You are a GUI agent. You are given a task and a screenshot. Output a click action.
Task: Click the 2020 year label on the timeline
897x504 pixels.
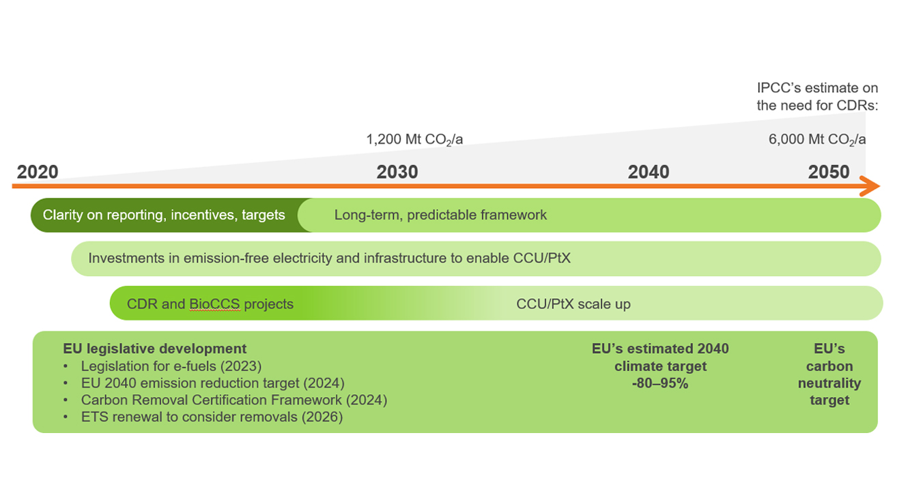[38, 172]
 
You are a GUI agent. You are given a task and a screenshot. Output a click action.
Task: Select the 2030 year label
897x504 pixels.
[397, 172]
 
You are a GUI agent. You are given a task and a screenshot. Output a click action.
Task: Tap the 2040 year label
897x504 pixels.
[649, 172]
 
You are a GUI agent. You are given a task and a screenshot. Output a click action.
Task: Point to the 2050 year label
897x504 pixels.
[829, 172]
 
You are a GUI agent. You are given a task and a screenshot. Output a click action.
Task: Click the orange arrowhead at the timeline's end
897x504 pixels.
[870, 186]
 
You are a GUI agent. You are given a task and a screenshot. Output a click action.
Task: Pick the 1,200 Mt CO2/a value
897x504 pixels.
[414, 140]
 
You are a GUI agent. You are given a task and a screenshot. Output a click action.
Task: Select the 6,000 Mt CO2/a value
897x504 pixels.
[817, 140]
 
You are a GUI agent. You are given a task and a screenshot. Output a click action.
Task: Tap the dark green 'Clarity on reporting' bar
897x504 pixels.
[164, 215]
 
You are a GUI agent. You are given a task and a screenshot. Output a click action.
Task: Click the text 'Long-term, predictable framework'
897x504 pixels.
[440, 215]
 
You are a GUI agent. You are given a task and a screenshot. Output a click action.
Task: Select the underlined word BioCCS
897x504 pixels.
[214, 303]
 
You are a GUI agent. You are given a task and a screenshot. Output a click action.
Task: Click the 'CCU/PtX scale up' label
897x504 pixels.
[573, 303]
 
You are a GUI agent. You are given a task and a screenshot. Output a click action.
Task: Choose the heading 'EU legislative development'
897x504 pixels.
[155, 349]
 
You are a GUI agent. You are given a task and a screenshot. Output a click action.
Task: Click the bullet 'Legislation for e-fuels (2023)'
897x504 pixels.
[171, 366]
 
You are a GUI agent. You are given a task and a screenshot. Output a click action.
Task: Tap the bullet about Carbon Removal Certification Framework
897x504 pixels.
[233, 400]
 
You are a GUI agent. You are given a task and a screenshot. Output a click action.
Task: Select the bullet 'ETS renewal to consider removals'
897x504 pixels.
[212, 417]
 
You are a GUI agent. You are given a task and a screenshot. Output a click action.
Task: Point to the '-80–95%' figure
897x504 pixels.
[659, 383]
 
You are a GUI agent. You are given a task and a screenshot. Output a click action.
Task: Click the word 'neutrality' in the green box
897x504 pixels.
[829, 383]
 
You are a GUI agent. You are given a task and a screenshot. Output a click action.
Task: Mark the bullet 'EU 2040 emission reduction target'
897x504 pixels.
[212, 383]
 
